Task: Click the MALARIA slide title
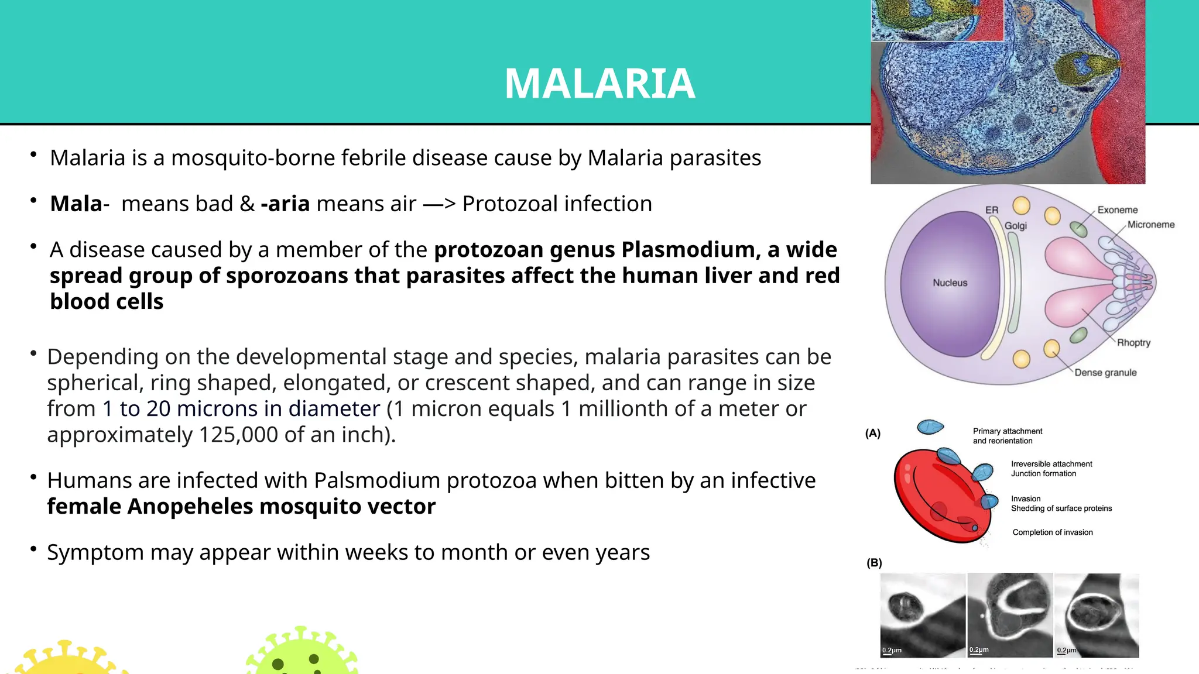coord(599,84)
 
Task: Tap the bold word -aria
coord(285,204)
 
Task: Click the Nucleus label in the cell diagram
coord(950,283)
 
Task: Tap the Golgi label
coord(1016,226)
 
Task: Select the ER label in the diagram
coord(992,210)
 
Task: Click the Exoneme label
coord(1117,210)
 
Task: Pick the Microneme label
coord(1150,225)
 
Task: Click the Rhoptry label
coord(1133,343)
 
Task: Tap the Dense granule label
coord(1105,373)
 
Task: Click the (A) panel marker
coord(873,434)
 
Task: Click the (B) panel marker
coord(874,563)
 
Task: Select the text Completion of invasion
coord(1052,532)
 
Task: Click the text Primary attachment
coord(1007,431)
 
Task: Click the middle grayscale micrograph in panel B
coord(1010,615)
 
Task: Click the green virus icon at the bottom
coord(301,652)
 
